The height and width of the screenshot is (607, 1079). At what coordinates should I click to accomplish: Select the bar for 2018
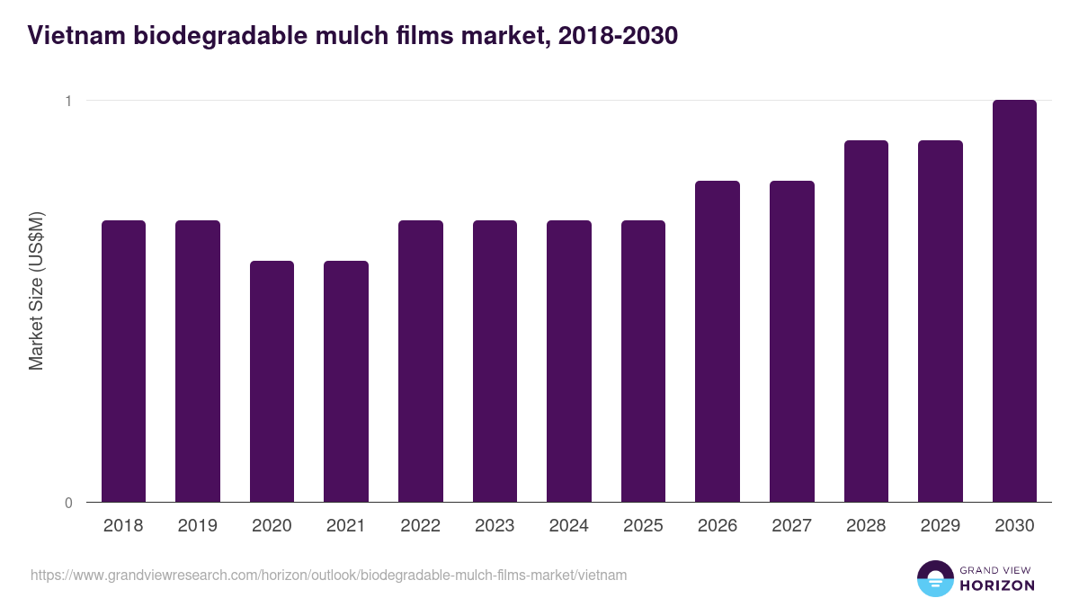[x=123, y=361]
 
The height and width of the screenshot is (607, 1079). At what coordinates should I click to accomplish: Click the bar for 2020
[x=272, y=381]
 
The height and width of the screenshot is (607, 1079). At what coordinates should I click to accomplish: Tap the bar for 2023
[x=495, y=361]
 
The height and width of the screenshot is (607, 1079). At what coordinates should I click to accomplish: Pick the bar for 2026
[x=718, y=341]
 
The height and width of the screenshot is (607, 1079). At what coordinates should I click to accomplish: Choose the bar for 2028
[x=866, y=321]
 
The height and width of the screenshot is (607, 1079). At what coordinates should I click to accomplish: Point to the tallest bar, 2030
[x=1014, y=300]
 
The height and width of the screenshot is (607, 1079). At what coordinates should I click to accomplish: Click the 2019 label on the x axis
[x=198, y=526]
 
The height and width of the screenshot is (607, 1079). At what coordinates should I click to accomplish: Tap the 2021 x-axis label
[x=346, y=526]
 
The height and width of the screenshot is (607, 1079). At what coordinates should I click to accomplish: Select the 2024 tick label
[x=569, y=526]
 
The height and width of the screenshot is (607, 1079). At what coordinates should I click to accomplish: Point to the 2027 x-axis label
[x=792, y=526]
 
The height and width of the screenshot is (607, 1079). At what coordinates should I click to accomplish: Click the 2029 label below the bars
[x=941, y=526]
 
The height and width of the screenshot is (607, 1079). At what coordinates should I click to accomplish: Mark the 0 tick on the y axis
[x=68, y=503]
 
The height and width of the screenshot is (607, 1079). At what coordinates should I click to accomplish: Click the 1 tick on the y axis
[x=68, y=101]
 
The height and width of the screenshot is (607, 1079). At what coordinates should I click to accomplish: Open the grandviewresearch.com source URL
[x=328, y=575]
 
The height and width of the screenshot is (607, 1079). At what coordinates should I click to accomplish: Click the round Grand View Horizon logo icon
[x=935, y=578]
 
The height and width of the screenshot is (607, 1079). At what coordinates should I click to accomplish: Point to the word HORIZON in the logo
[x=998, y=585]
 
